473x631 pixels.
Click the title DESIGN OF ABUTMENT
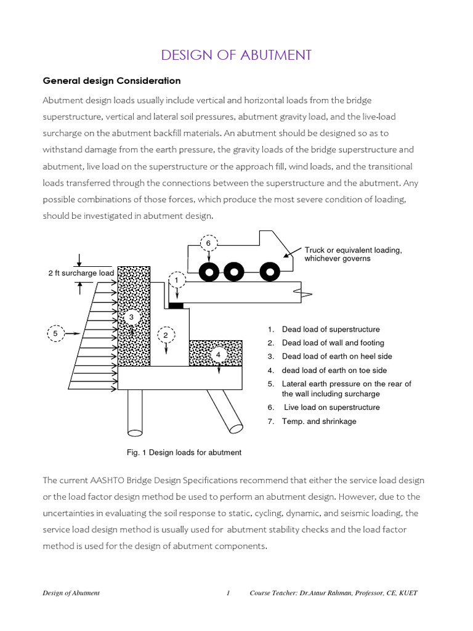click(236, 55)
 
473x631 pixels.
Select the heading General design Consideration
click(111, 81)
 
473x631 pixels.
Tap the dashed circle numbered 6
click(208, 243)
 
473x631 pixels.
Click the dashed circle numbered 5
click(55, 333)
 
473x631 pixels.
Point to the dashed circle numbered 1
click(177, 280)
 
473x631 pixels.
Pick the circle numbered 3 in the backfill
click(131, 317)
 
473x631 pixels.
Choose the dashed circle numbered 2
click(165, 335)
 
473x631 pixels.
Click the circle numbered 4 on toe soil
click(217, 355)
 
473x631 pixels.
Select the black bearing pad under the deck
click(176, 306)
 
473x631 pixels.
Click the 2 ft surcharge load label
click(81, 273)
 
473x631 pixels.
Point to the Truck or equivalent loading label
click(353, 254)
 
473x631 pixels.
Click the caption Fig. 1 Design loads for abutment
click(184, 452)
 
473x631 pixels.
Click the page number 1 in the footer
click(228, 593)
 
